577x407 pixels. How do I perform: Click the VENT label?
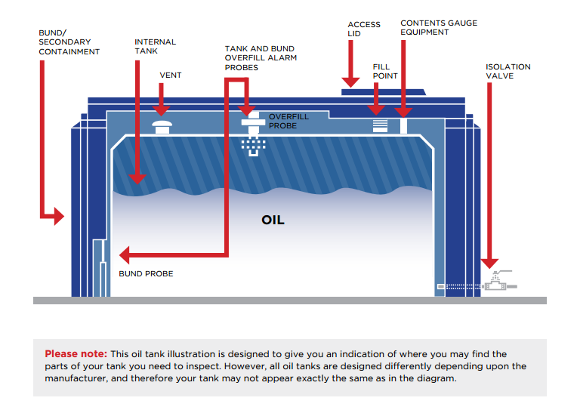(171, 76)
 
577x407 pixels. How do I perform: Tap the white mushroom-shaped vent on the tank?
(162, 125)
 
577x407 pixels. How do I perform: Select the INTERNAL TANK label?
(155, 47)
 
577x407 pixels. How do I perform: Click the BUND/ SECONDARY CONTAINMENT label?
(69, 42)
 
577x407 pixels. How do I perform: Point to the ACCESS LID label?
(364, 29)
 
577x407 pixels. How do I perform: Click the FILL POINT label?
(385, 71)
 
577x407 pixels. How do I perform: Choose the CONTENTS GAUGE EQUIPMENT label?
(439, 28)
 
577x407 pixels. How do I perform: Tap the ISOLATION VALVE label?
(508, 71)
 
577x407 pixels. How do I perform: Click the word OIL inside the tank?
(273, 220)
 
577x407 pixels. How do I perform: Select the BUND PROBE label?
(146, 273)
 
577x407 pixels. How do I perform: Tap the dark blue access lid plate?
(382, 92)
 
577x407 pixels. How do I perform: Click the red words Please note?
(76, 354)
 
